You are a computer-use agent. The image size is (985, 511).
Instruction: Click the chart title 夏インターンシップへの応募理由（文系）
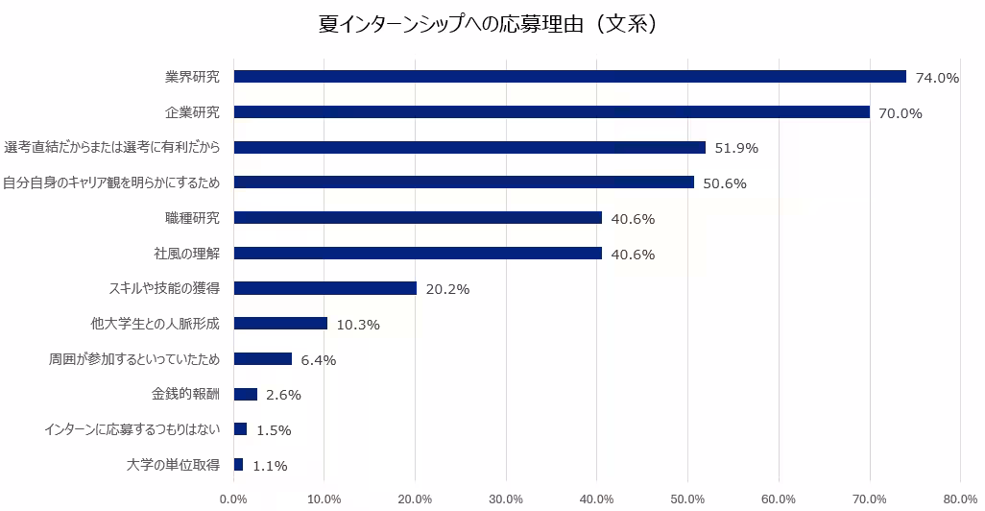click(x=488, y=25)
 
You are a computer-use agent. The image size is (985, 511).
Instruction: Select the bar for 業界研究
click(x=569, y=77)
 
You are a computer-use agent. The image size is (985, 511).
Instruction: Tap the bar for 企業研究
click(x=552, y=111)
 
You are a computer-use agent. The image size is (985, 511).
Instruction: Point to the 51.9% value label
click(x=736, y=148)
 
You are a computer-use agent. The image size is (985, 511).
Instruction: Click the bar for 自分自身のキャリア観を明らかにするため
click(x=464, y=182)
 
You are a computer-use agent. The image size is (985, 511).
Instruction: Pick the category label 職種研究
click(x=192, y=218)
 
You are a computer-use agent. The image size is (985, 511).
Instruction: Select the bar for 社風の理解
click(x=418, y=254)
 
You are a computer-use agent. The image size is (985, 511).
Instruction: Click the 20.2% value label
click(x=447, y=289)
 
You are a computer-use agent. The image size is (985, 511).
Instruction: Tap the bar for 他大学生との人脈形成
click(x=280, y=324)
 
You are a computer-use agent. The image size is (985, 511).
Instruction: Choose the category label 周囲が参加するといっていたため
click(x=134, y=359)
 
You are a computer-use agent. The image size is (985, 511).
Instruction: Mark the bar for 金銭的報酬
click(x=246, y=394)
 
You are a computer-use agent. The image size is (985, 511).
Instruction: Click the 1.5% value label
click(x=274, y=430)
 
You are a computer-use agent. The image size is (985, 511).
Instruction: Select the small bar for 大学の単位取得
click(x=239, y=465)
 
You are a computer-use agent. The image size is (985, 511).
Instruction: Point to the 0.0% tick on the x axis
click(x=233, y=499)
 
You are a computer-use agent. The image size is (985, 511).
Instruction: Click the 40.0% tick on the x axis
click(x=597, y=499)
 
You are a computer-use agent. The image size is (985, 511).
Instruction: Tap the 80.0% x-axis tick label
click(x=960, y=499)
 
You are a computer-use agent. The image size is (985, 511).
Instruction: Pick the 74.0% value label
click(x=937, y=78)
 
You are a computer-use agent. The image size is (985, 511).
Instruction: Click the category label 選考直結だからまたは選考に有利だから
click(x=112, y=148)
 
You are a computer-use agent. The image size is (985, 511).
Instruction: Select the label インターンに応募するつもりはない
click(x=132, y=430)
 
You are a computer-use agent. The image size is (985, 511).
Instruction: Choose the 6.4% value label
click(x=319, y=360)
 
